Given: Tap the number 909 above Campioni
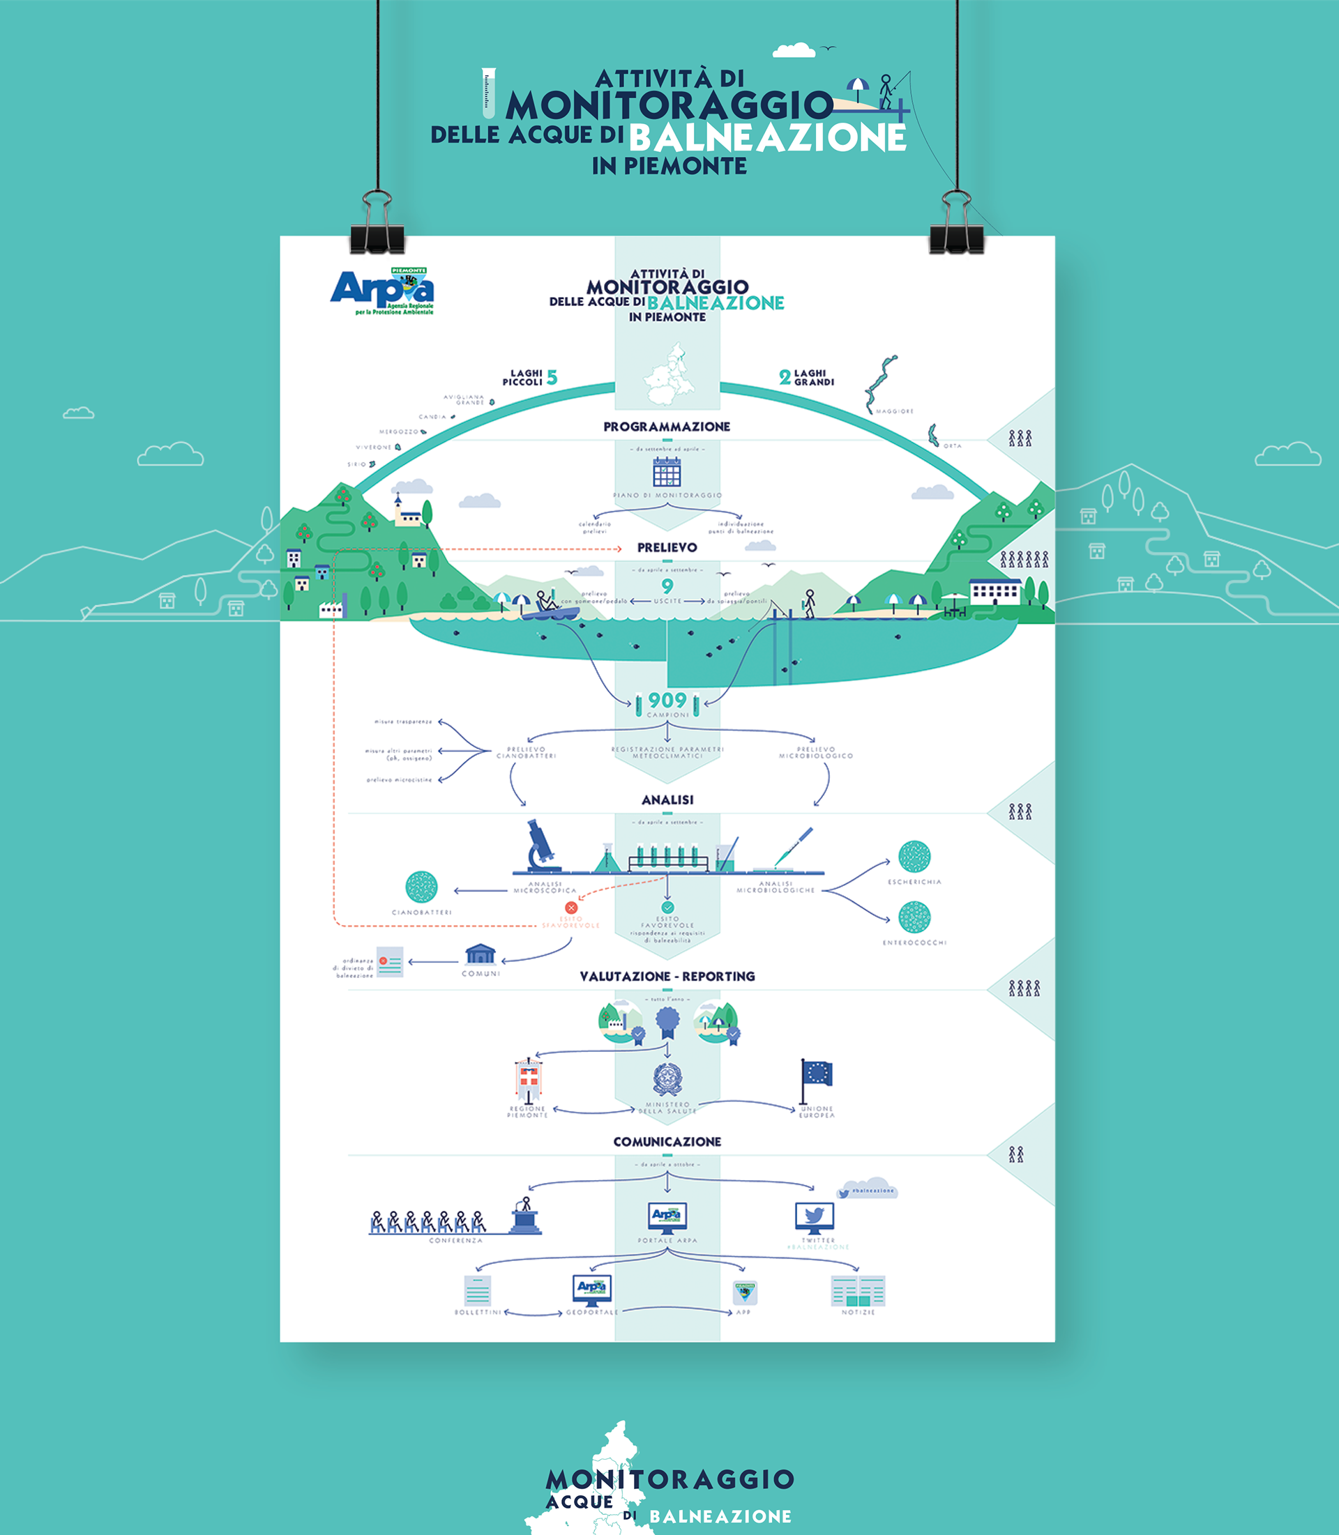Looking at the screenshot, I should [x=667, y=701].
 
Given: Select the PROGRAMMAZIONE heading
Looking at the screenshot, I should [x=667, y=427].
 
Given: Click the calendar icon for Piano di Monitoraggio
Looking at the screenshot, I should [x=667, y=472].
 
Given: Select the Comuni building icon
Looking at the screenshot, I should [x=480, y=954].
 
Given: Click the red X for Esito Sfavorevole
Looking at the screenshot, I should [x=571, y=908].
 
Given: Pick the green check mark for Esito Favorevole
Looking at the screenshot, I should [x=667, y=908].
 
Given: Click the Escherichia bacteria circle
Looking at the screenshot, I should [x=914, y=857].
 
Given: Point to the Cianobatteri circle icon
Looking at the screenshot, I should [x=421, y=887].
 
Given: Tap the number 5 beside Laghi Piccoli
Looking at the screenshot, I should [x=552, y=378].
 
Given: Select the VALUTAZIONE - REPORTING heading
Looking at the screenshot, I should [x=667, y=976].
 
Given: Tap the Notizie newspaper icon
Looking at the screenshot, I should [x=858, y=1291].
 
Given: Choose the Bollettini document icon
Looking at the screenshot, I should [x=478, y=1290].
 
